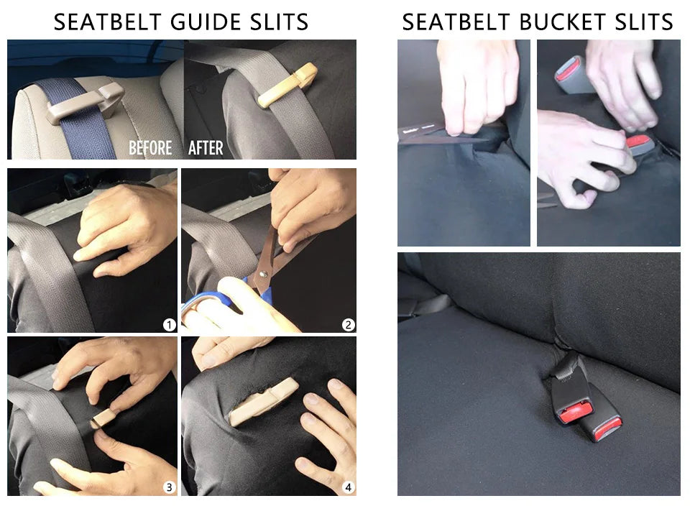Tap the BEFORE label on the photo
(150, 148)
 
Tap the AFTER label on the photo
(206, 148)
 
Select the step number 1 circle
(169, 325)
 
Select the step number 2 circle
(348, 325)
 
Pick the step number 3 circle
(169, 487)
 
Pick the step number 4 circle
(348, 487)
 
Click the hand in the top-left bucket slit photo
(478, 83)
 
